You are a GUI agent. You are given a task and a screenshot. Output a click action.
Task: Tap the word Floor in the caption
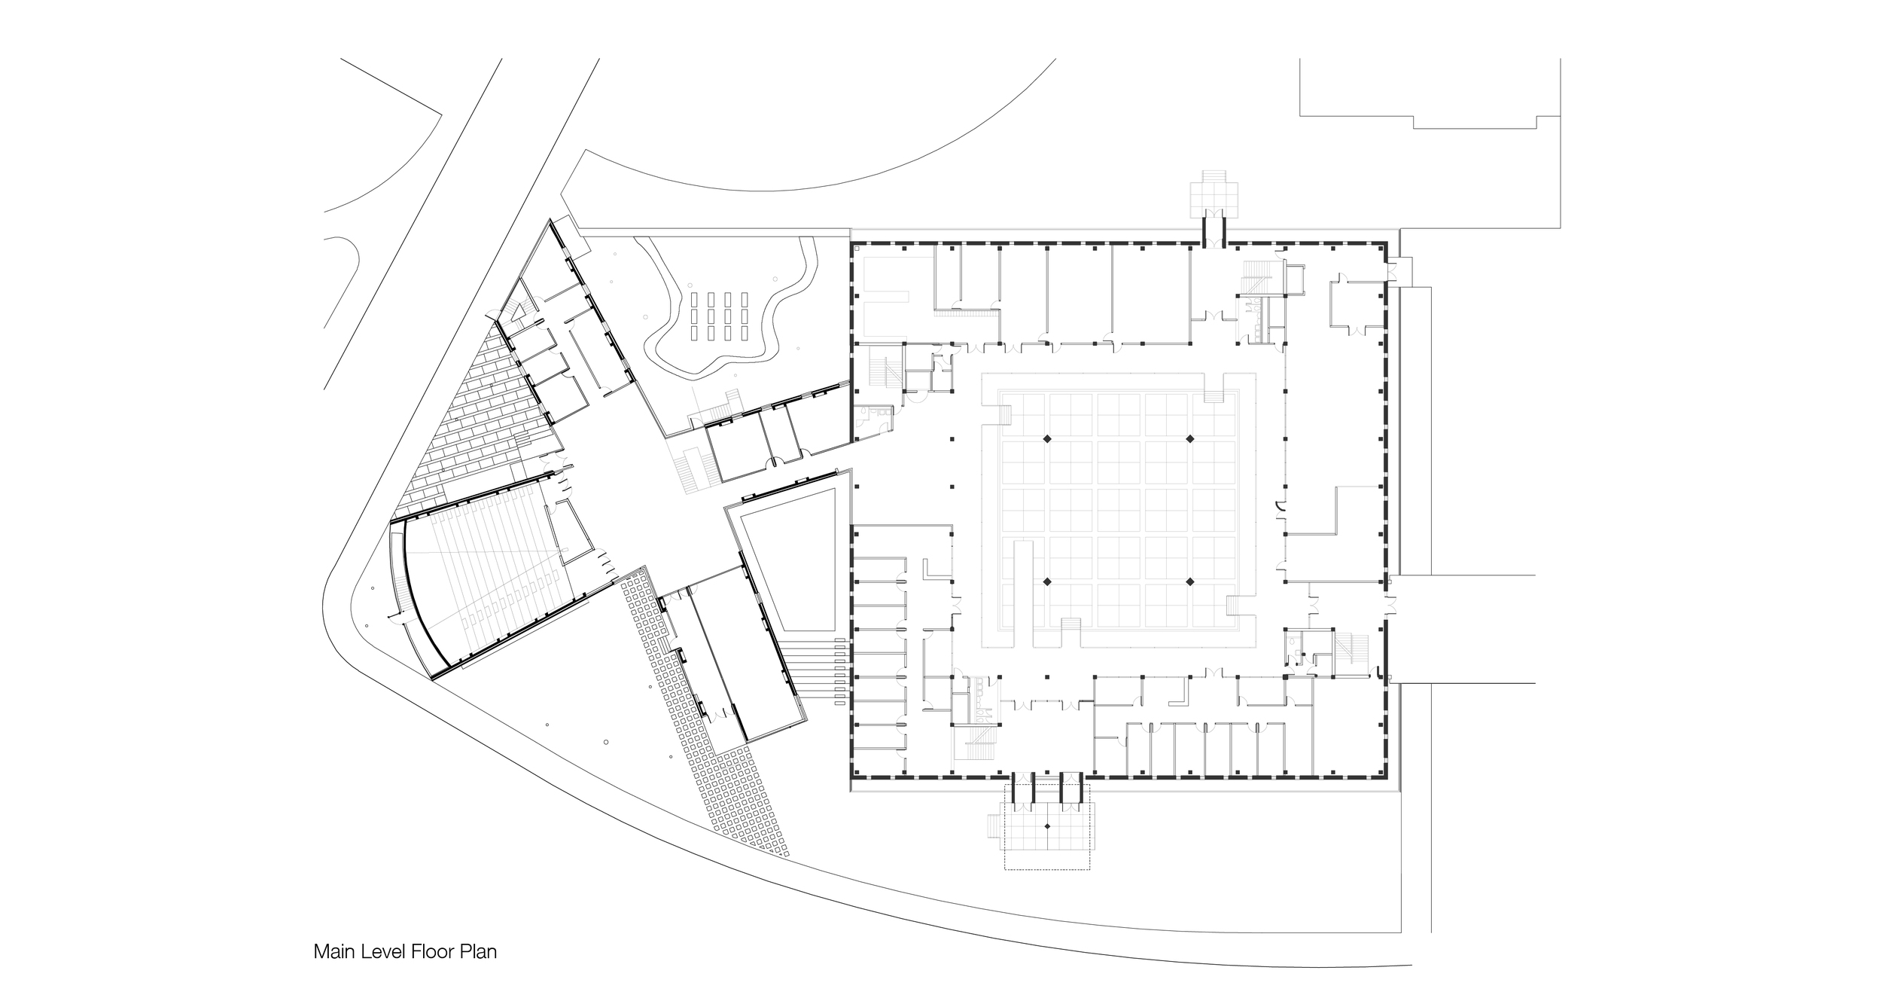[429, 951]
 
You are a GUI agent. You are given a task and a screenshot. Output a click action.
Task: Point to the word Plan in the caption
[477, 951]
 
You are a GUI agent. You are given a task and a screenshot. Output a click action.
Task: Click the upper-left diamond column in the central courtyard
[1046, 439]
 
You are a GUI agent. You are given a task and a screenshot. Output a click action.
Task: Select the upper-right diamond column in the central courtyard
[1190, 439]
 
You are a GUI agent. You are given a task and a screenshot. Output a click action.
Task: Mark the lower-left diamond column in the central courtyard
[1046, 581]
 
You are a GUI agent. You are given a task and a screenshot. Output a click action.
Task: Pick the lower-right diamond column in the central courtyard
[1190, 581]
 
